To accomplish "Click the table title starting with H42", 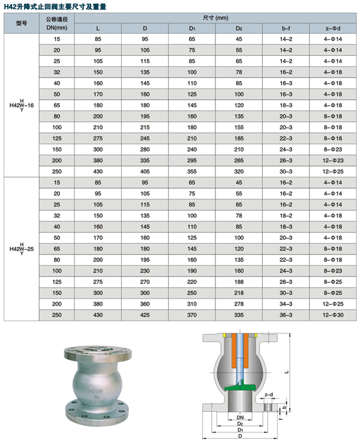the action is [55, 6].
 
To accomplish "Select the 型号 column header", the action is [22, 23].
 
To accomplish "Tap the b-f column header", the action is [286, 28].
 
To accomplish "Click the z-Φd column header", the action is [333, 28].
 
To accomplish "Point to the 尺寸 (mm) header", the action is [215, 18].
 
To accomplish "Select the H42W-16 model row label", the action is [22, 105].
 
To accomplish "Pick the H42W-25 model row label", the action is [22, 249].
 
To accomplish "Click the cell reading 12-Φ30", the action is [333, 315].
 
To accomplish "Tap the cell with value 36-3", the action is [286, 315].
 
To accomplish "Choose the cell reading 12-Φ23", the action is [333, 160].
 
